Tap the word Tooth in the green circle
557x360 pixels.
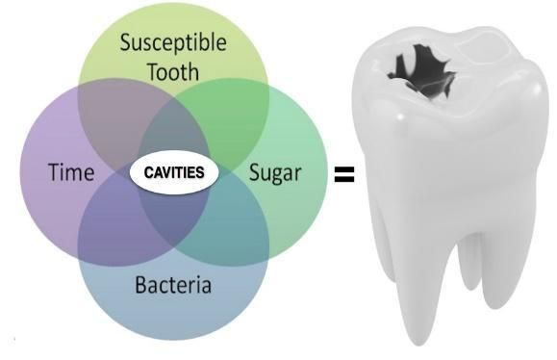[173, 71]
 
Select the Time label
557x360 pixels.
[71, 172]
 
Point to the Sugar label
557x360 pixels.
[275, 174]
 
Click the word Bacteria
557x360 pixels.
[173, 284]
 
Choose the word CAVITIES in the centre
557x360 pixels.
[174, 172]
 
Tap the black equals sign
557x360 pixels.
[344, 174]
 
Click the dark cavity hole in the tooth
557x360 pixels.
[421, 71]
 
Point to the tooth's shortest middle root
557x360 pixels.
[468, 263]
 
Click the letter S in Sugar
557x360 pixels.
[255, 172]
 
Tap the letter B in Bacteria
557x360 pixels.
[141, 284]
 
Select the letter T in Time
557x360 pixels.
[55, 172]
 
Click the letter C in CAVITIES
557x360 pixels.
[148, 172]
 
